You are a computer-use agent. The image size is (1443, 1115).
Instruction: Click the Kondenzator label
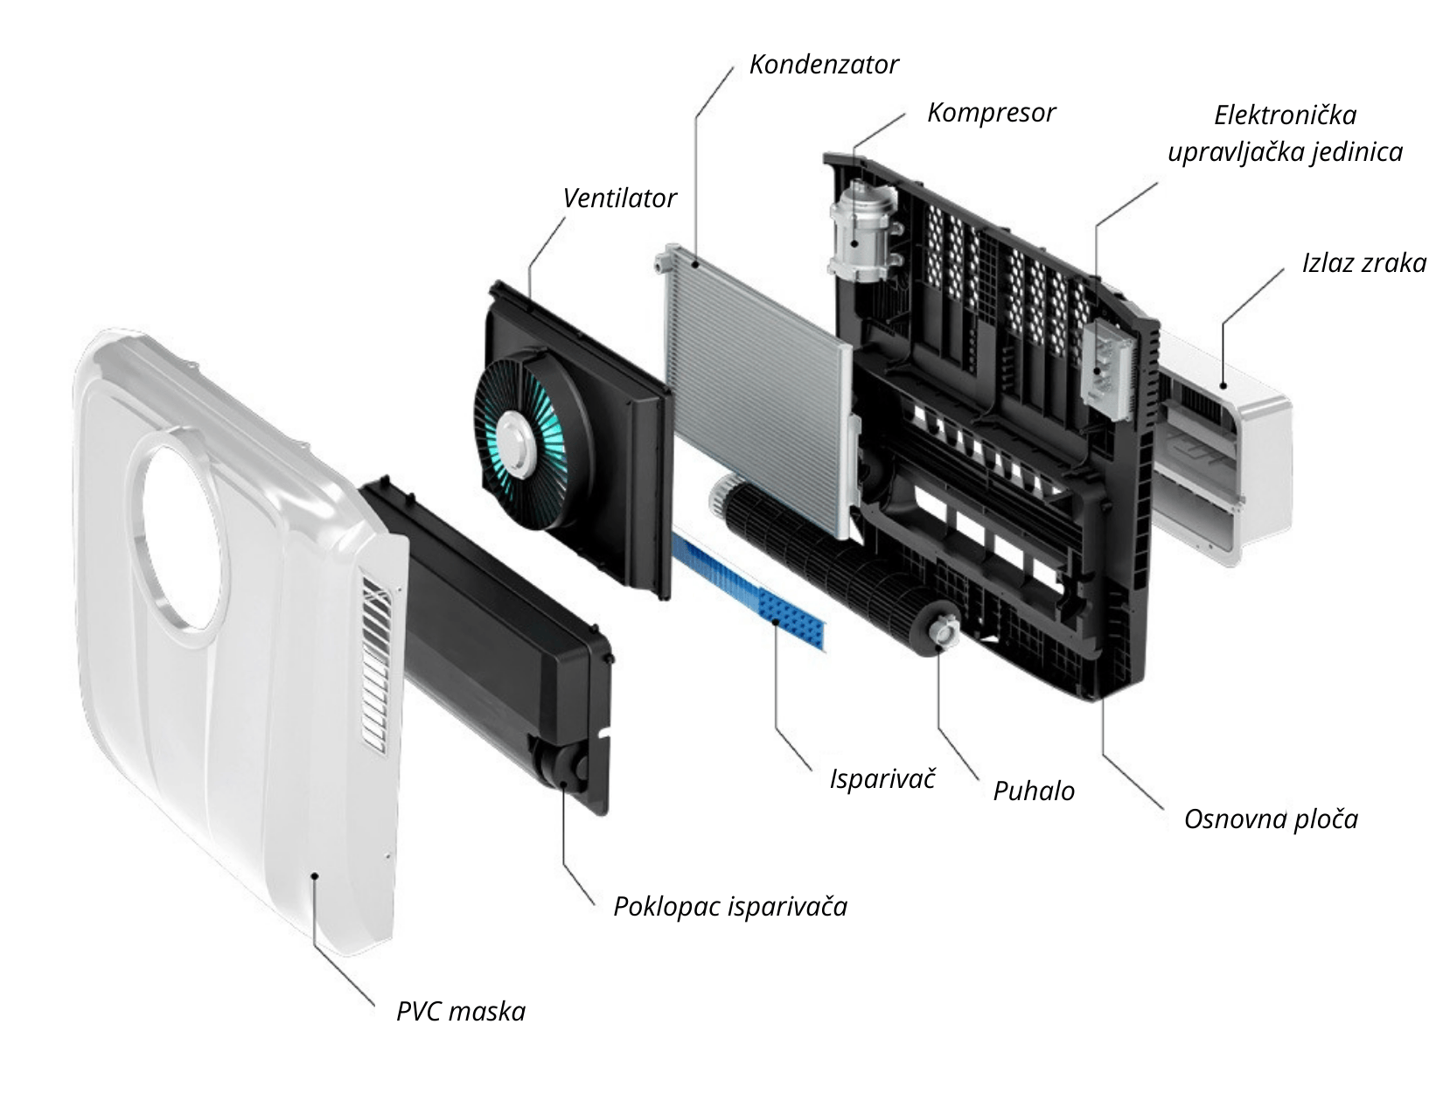(x=824, y=65)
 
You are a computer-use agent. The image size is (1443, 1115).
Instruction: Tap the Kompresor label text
(x=991, y=113)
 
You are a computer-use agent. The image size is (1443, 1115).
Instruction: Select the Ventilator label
(x=619, y=199)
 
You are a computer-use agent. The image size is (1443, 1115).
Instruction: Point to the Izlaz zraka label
(x=1363, y=263)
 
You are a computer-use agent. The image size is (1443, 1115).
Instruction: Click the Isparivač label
(x=882, y=778)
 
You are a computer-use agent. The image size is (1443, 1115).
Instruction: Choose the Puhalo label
(x=1034, y=791)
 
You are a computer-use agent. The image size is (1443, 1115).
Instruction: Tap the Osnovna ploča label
(x=1271, y=819)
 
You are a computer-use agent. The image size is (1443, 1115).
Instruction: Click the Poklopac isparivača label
(x=730, y=906)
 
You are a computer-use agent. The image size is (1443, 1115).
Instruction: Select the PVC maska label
(x=461, y=1012)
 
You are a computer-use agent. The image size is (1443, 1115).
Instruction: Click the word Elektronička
(x=1285, y=115)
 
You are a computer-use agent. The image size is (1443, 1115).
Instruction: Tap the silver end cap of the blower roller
(x=944, y=631)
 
